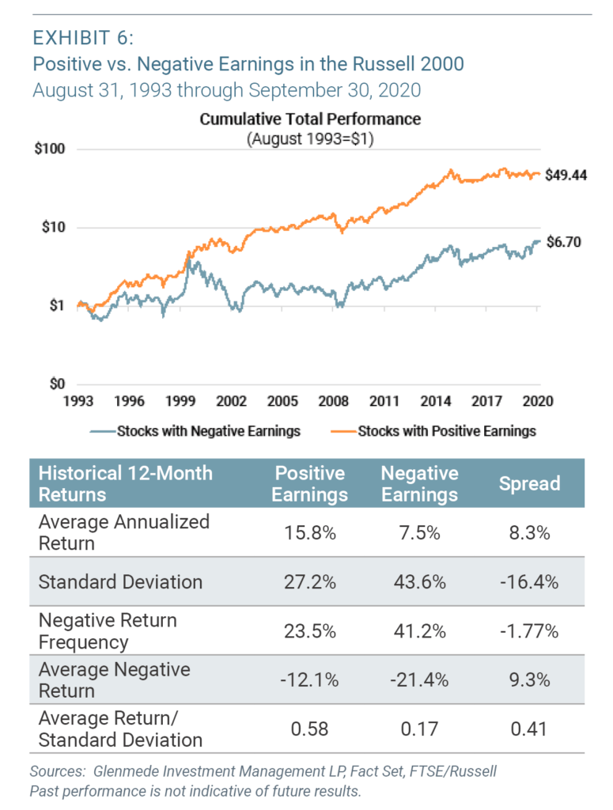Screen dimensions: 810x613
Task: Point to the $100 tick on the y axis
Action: point(48,150)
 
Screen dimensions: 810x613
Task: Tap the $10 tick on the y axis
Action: point(51,228)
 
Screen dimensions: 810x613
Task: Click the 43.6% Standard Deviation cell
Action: point(419,582)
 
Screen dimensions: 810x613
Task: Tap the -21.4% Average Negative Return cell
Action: point(419,680)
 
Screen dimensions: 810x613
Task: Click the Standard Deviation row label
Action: point(120,582)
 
